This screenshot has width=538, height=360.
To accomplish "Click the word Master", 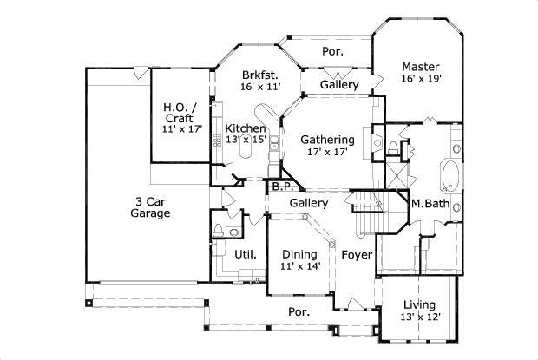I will coord(421,67).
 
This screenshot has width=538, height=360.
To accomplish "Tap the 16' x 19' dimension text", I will coord(421,79).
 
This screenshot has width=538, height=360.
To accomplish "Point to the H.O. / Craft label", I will coord(180,108).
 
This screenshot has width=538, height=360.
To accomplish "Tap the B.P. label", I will coord(281,186).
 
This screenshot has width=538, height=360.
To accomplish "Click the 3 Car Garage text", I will coord(151,206).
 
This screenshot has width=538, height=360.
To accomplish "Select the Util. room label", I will coord(245,254).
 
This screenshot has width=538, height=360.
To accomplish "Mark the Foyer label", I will coord(356,254).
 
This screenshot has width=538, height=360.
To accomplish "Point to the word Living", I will coord(420,304).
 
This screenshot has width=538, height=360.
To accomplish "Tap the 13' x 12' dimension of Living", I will coord(420,317).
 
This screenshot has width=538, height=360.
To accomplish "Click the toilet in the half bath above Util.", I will coord(219,231).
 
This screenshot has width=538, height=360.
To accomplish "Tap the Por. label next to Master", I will coord(332,51).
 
